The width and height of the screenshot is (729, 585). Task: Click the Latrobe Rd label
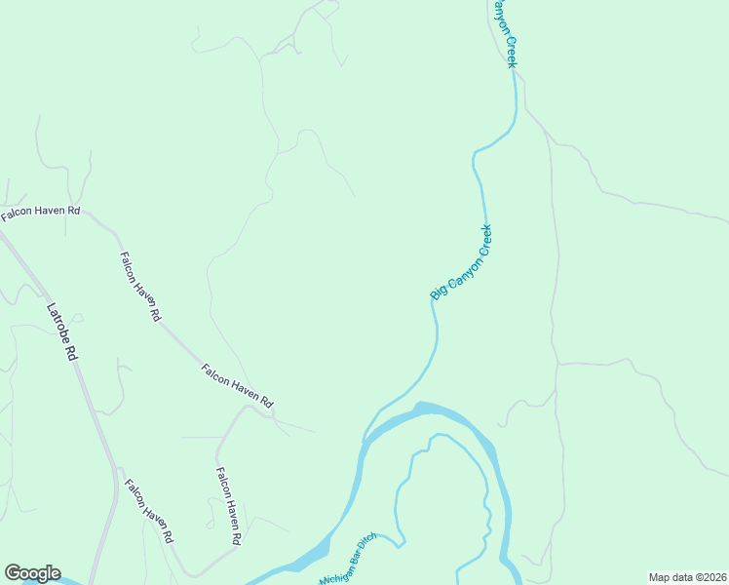(x=60, y=332)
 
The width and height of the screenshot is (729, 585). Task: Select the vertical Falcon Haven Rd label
(x=228, y=505)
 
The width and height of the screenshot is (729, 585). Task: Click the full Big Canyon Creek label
(x=462, y=261)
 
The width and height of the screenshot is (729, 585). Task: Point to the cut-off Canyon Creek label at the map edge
(x=503, y=33)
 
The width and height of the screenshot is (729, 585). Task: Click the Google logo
(x=32, y=573)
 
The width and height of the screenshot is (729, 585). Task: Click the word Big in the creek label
(x=438, y=290)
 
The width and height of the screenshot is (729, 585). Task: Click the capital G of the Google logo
(x=13, y=573)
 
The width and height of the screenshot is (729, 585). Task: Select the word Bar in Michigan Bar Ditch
(x=353, y=555)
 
